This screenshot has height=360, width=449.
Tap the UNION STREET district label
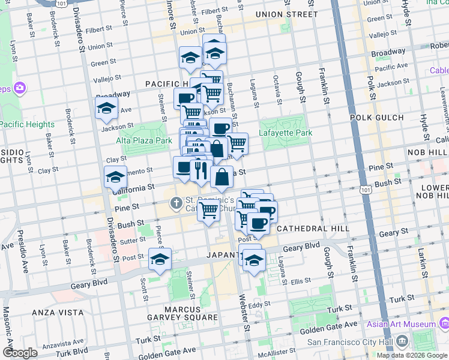(x=286, y=14)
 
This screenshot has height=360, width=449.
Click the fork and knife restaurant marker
(x=199, y=170)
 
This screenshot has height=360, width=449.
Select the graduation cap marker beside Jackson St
(x=106, y=109)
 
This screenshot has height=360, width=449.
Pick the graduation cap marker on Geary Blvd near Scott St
(x=160, y=259)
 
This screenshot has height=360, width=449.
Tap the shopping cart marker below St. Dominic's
(x=208, y=211)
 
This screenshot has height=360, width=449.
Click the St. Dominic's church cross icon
(x=176, y=203)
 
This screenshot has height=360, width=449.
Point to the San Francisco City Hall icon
(x=401, y=342)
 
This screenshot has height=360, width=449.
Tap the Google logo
(x=20, y=353)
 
